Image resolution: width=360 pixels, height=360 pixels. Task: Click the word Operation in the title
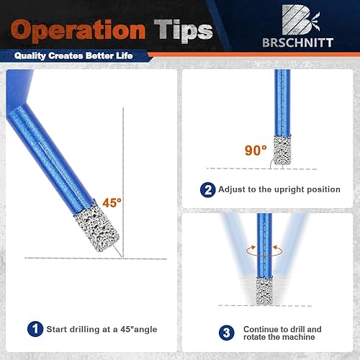(78, 31)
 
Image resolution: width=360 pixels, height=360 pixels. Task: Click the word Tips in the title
(184, 31)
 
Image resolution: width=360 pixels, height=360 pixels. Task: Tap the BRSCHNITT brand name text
(297, 42)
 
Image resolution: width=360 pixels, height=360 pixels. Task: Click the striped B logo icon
(300, 19)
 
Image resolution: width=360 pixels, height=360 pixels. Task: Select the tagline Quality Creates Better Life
(73, 56)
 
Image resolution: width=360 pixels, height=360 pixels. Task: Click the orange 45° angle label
(112, 203)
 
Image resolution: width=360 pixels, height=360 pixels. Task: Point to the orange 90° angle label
(256, 150)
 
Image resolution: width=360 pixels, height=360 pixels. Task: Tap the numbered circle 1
(35, 329)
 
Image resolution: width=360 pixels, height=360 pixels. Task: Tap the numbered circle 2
(208, 190)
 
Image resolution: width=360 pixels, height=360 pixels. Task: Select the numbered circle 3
(227, 333)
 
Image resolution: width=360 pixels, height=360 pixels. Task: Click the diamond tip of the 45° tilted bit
(96, 228)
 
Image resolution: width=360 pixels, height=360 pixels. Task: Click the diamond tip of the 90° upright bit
(282, 150)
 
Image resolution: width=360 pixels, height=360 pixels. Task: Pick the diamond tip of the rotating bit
(264, 291)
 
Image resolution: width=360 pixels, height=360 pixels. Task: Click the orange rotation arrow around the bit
(264, 256)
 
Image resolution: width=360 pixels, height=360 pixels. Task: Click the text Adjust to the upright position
(279, 189)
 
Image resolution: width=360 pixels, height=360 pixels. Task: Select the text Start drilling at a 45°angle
(102, 329)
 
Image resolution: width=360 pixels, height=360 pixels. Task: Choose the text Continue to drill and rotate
(282, 333)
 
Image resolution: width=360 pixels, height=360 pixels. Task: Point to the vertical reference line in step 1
(123, 183)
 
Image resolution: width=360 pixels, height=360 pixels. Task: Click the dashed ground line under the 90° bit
(261, 168)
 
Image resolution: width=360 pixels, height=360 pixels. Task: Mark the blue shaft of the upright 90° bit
(282, 102)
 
